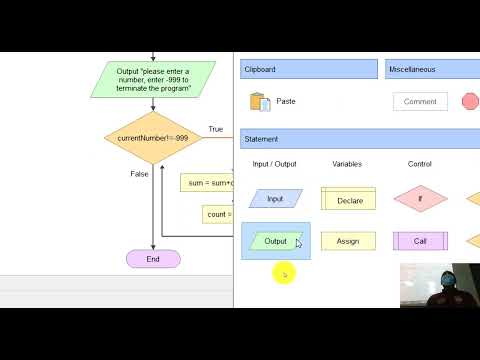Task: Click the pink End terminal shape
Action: click(x=153, y=259)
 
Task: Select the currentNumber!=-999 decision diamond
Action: click(x=153, y=137)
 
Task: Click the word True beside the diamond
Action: click(x=215, y=129)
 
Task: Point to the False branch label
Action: click(x=139, y=174)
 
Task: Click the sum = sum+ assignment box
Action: click(x=207, y=183)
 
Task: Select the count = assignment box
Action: click(x=217, y=214)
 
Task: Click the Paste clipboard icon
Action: click(x=261, y=101)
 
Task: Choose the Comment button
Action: click(x=420, y=101)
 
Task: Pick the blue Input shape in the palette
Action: click(x=275, y=199)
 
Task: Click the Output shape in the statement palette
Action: click(x=275, y=241)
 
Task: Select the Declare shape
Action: click(x=349, y=199)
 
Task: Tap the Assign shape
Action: click(x=348, y=241)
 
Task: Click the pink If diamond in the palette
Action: click(x=420, y=199)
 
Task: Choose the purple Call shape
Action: click(x=420, y=241)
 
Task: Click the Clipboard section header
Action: click(x=310, y=69)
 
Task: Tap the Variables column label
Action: click(x=347, y=164)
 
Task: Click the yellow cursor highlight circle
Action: click(x=283, y=272)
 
